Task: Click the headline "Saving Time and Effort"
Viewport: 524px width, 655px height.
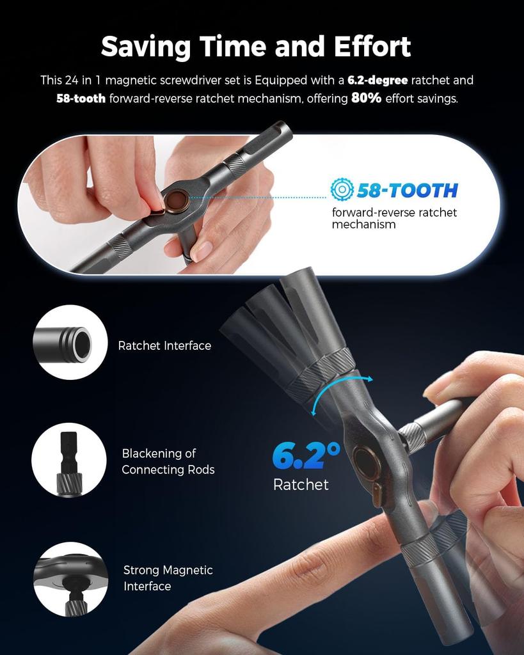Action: pyautogui.click(x=256, y=47)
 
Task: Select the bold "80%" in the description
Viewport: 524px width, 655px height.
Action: pyautogui.click(x=365, y=99)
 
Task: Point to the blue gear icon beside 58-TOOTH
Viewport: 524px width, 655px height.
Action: pyautogui.click(x=342, y=189)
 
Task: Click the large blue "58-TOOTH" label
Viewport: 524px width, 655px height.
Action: pyautogui.click(x=407, y=190)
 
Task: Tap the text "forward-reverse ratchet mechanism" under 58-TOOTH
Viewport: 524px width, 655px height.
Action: pyautogui.click(x=394, y=218)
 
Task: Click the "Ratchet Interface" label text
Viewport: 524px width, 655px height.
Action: pyautogui.click(x=164, y=345)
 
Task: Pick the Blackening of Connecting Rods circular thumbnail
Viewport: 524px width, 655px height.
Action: pyautogui.click(x=68, y=460)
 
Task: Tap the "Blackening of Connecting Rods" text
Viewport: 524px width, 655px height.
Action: pyautogui.click(x=168, y=461)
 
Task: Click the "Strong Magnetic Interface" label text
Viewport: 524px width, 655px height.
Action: pyautogui.click(x=168, y=578)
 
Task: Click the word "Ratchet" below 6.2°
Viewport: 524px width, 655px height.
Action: pyautogui.click(x=301, y=485)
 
